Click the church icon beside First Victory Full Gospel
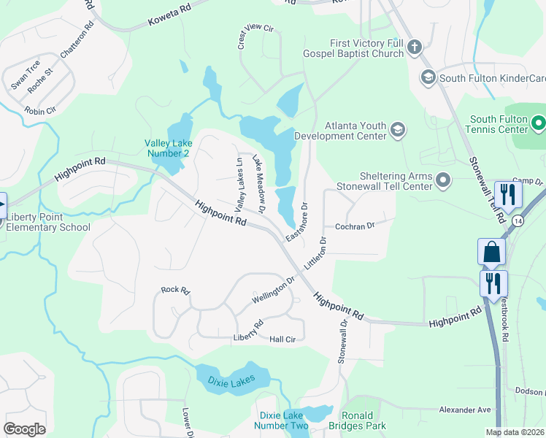tap(414, 48)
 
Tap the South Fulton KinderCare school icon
tap(428, 77)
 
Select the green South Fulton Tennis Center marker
tap(538, 124)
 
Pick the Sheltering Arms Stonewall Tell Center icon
tap(443, 180)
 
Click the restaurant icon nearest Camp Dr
tap(506, 194)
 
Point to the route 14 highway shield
tap(518, 220)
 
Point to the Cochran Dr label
tap(354, 226)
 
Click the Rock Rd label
tap(175, 291)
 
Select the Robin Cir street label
tap(39, 111)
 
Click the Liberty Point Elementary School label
tap(48, 222)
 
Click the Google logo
tap(24, 429)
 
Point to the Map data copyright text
tap(514, 431)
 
